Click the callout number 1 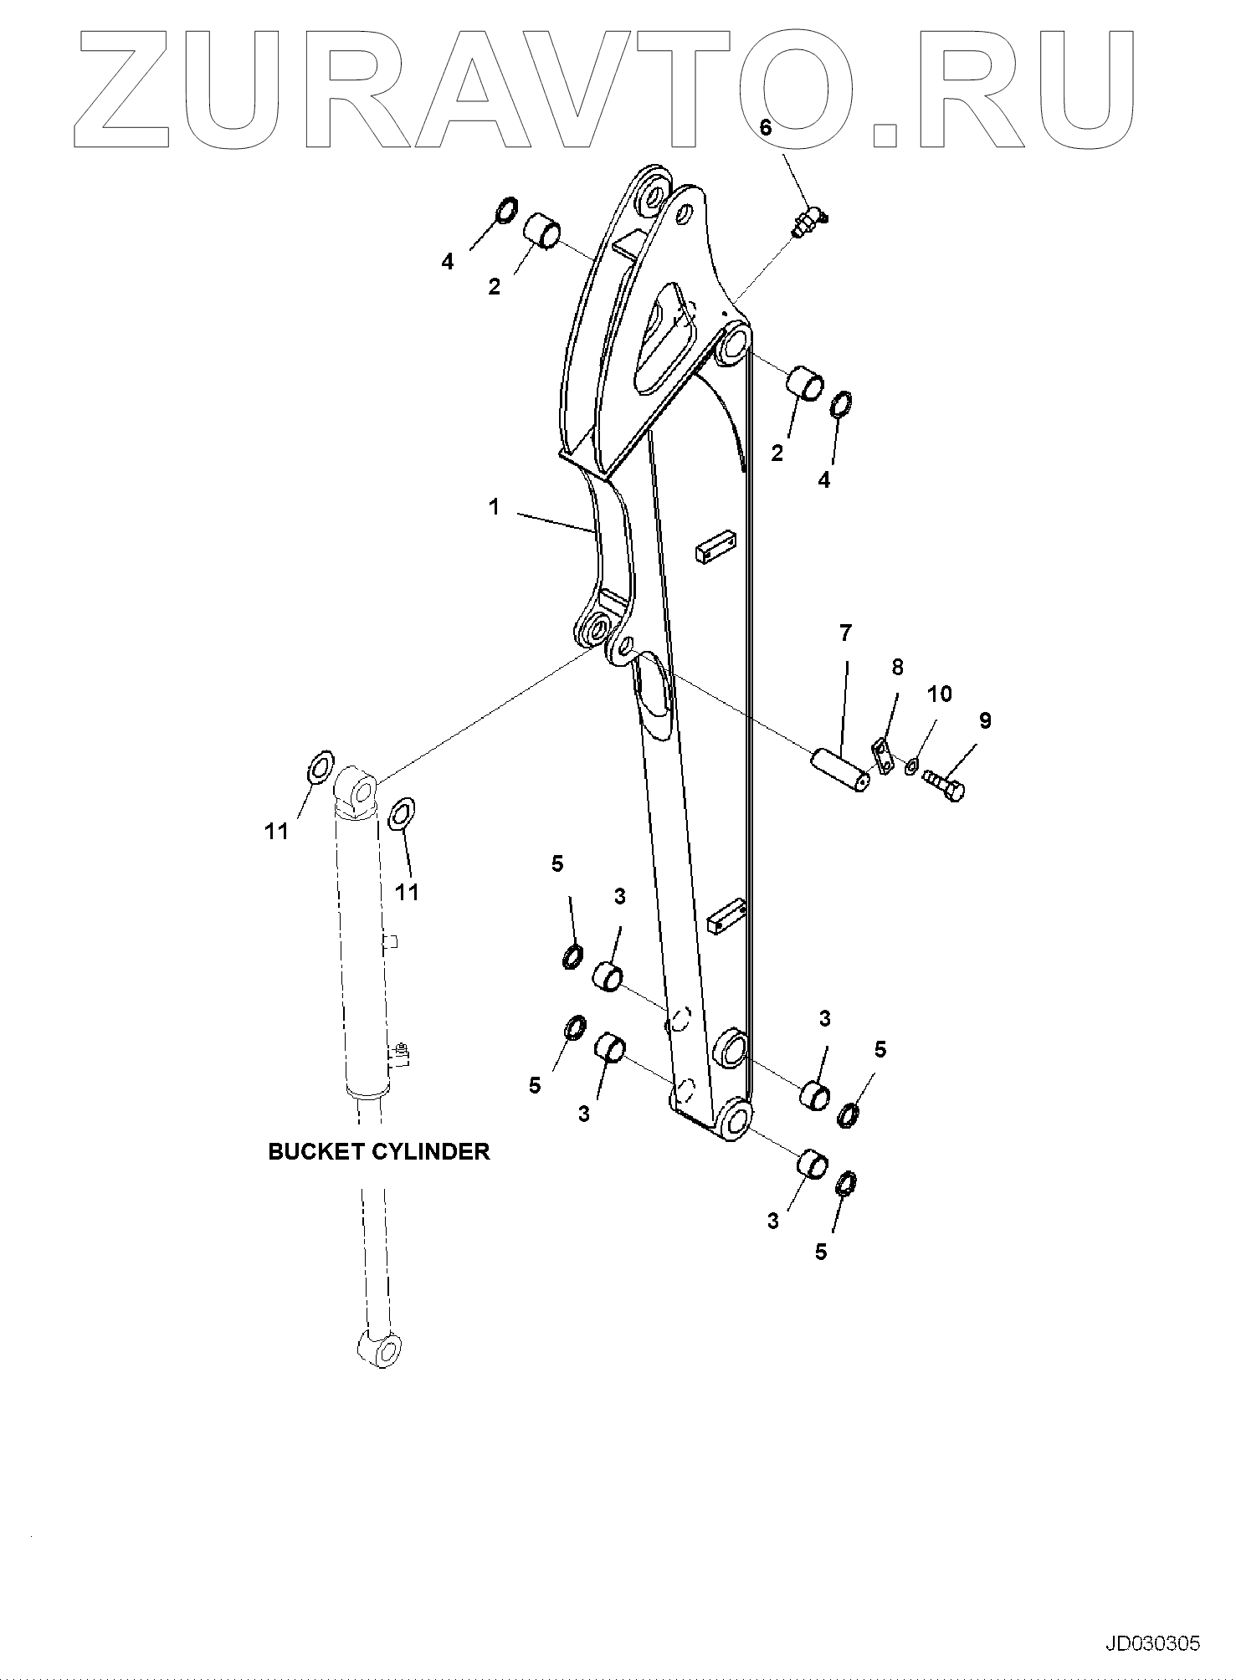pos(495,507)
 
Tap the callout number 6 pos(765,127)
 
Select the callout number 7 pos(845,633)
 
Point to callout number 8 pos(897,667)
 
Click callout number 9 pos(985,720)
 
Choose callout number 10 pos(940,694)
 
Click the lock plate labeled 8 pos(881,750)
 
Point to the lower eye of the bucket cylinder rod pos(382,1349)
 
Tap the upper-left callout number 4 pos(448,262)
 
